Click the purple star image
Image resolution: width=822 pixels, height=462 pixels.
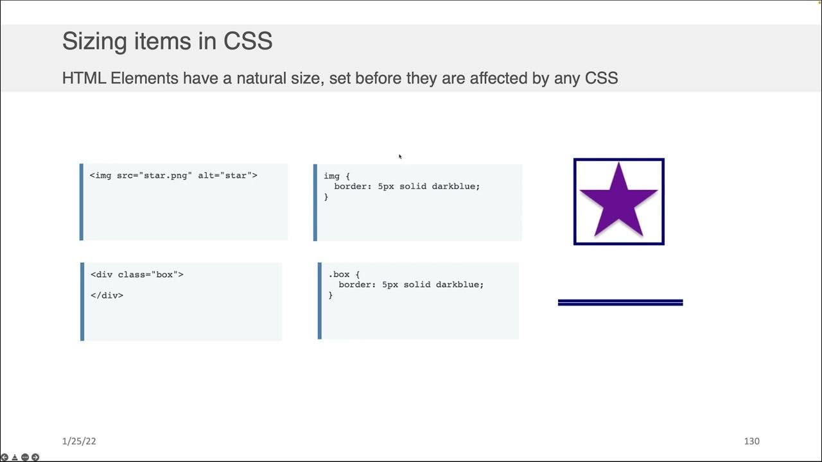point(618,200)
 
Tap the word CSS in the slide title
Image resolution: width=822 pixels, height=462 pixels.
point(248,41)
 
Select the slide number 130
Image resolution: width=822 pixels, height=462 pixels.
point(751,441)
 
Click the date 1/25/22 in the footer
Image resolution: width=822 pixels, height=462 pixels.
point(79,441)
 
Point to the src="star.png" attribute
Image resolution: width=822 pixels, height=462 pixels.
point(154,175)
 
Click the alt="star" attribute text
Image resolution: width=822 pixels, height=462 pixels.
point(227,175)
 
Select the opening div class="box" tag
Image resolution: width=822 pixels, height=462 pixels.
point(137,274)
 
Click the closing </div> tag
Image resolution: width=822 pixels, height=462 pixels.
point(107,295)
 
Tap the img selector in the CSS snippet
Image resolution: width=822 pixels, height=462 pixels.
point(331,176)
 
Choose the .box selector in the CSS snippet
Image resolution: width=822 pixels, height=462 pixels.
point(338,274)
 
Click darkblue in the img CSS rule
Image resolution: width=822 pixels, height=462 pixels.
point(455,186)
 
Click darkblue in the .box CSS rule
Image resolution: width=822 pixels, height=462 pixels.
point(459,284)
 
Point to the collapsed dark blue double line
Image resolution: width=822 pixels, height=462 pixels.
point(620,302)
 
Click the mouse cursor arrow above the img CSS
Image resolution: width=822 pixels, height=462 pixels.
point(399,156)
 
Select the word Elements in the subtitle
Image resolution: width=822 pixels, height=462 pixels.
point(144,78)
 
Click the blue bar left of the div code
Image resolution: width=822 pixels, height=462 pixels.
point(82,301)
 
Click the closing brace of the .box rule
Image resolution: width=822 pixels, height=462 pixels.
point(331,295)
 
